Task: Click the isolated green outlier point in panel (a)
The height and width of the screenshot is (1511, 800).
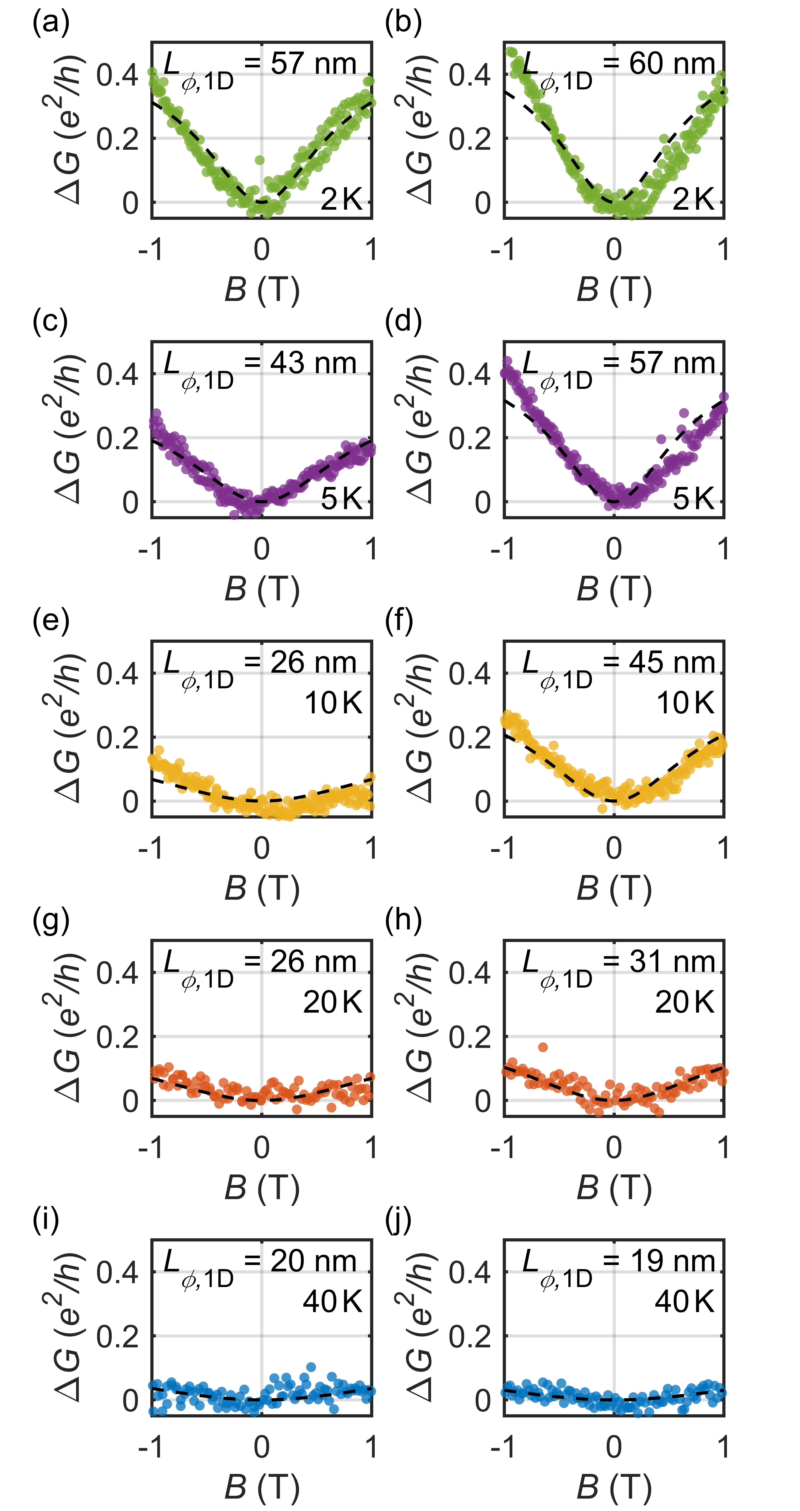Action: click(x=260, y=160)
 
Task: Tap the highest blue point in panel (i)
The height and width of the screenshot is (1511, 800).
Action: click(x=311, y=1367)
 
